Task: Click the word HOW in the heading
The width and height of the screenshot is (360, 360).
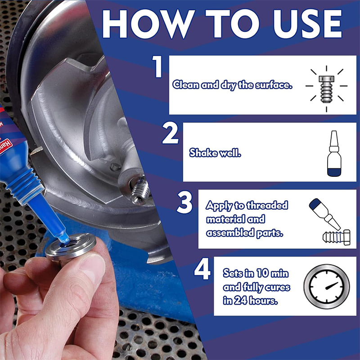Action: pyautogui.click(x=148, y=24)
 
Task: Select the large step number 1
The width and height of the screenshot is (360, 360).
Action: pyautogui.click(x=158, y=66)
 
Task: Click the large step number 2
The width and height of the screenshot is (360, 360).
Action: pyautogui.click(x=171, y=133)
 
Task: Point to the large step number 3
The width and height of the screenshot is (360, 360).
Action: pyautogui.click(x=184, y=202)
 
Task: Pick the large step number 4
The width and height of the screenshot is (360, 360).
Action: pyautogui.click(x=202, y=269)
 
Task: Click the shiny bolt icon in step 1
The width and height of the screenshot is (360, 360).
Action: pyautogui.click(x=327, y=89)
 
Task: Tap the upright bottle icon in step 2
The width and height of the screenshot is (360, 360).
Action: pyautogui.click(x=334, y=153)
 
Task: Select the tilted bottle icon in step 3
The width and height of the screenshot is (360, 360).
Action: pyautogui.click(x=324, y=214)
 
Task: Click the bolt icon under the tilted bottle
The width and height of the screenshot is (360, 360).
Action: pyautogui.click(x=337, y=238)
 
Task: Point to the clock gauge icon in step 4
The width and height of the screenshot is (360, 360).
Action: pyautogui.click(x=327, y=287)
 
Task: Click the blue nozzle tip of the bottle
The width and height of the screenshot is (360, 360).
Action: pyautogui.click(x=65, y=239)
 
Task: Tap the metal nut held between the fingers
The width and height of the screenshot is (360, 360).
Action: pyautogui.click(x=71, y=247)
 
